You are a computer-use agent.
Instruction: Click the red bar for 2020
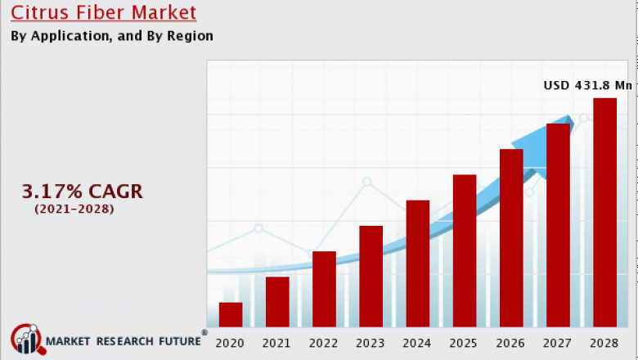pos(231,315)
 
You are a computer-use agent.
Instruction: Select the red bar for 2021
pos(277,302)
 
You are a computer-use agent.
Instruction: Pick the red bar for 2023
pos(371,277)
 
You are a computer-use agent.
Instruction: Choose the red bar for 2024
pos(417,263)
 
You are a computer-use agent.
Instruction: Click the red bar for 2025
pos(465,250)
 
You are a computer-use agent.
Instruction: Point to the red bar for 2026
pos(511,238)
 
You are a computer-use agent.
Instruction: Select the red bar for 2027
pos(558,225)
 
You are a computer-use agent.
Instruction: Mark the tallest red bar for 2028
pos(604,213)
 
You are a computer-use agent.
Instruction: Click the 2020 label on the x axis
pos(231,341)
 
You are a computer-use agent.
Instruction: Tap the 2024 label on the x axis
pos(417,341)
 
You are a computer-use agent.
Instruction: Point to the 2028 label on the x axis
pos(604,341)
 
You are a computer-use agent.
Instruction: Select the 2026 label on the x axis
pos(511,341)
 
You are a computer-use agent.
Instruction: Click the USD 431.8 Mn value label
pos(588,84)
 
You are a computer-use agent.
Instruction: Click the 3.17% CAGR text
pos(82,191)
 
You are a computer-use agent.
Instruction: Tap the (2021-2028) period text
pos(74,209)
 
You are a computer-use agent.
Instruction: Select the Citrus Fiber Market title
pos(104,13)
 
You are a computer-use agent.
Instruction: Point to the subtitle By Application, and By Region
pos(112,36)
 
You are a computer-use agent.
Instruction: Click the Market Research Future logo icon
pos(25,340)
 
